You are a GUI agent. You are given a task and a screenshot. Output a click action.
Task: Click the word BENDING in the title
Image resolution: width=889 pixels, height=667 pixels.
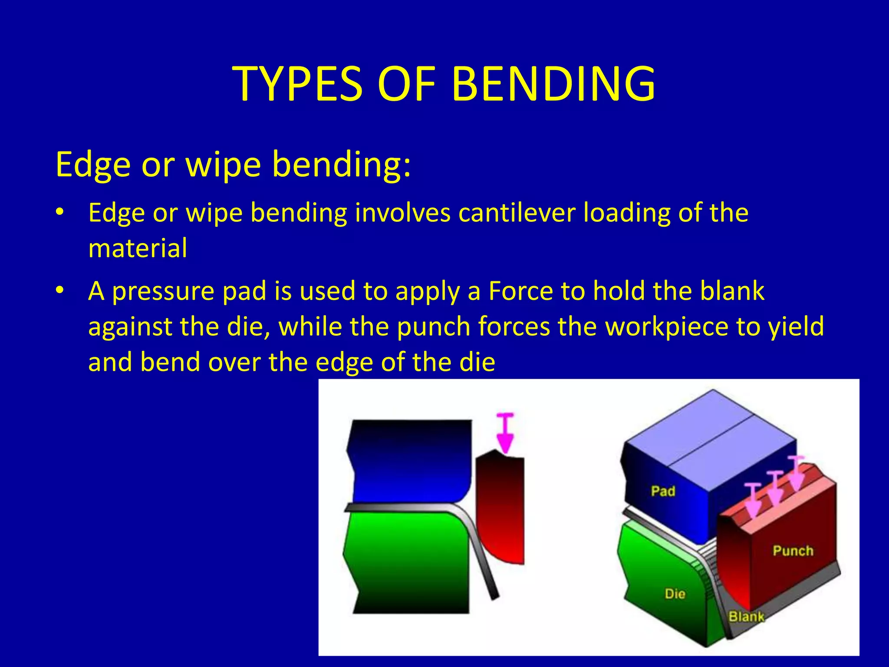(x=553, y=83)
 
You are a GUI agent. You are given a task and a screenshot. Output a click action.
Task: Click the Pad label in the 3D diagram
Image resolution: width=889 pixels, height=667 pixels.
(x=663, y=491)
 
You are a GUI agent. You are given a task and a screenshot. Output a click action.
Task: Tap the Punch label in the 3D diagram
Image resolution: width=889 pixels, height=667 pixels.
(x=793, y=551)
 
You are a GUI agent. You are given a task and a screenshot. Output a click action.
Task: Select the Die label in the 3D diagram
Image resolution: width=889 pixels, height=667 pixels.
(x=675, y=594)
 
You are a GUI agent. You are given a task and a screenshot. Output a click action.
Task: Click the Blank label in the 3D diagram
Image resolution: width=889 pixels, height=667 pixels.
(x=746, y=617)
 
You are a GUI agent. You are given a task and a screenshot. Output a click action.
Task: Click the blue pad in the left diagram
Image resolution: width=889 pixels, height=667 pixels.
(x=410, y=460)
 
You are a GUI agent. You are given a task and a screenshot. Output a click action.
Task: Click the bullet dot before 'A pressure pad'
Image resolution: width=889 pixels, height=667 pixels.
(x=60, y=290)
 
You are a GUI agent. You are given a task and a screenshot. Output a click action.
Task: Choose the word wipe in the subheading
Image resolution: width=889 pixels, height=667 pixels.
(x=223, y=165)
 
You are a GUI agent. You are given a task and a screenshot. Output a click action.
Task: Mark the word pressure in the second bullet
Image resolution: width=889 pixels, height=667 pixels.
(x=163, y=291)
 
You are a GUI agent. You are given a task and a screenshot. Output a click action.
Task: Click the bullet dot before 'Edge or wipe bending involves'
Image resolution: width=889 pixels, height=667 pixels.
(x=60, y=212)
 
